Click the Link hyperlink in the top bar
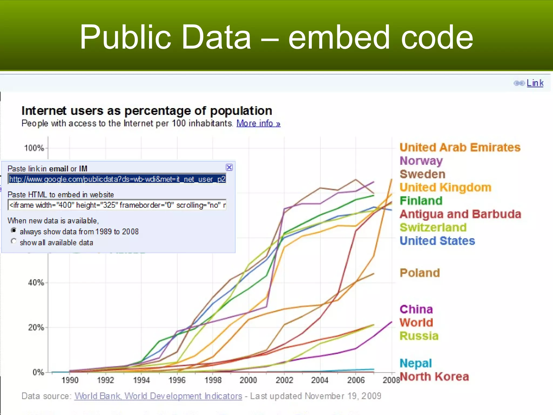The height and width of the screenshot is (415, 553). (x=535, y=83)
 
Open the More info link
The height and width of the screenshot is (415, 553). (x=258, y=123)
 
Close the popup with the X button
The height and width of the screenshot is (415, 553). (x=229, y=168)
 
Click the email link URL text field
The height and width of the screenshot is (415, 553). (x=117, y=179)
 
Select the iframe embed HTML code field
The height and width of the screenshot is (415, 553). (x=117, y=205)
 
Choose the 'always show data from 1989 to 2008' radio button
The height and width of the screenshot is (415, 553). (x=14, y=230)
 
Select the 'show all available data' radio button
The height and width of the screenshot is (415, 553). (x=14, y=241)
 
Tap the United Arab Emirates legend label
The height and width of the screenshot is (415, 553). (x=460, y=148)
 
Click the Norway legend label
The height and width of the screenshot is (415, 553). (x=421, y=161)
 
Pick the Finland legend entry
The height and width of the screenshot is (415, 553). (x=421, y=201)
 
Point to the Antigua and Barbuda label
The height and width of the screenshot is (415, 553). (x=460, y=214)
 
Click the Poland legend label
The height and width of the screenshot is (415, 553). (x=420, y=273)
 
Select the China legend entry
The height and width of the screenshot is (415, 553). (x=416, y=309)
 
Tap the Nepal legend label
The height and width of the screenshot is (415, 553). (x=416, y=363)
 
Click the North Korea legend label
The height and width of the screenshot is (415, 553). (x=434, y=377)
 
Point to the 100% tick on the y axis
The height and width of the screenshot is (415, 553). (x=34, y=148)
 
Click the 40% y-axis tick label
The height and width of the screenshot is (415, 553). (x=36, y=283)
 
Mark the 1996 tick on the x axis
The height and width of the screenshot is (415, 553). (x=177, y=380)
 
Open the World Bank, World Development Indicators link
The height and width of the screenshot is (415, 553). (x=158, y=396)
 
